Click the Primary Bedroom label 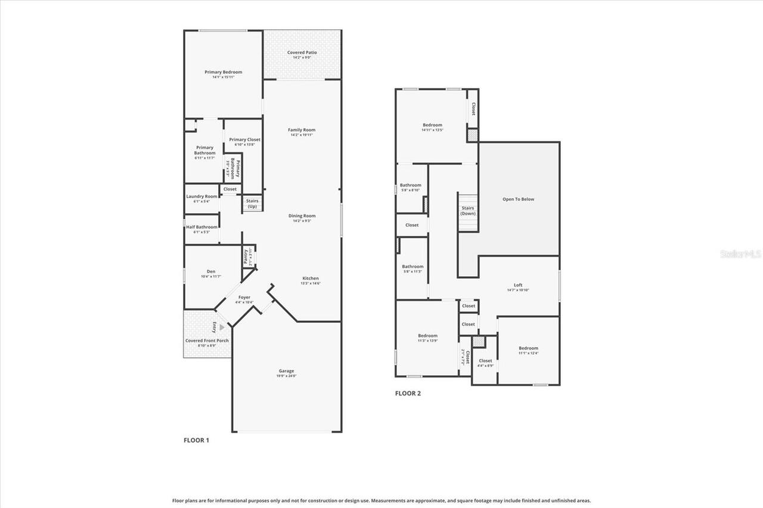pos(224,72)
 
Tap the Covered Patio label pos(302,52)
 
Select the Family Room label pos(302,130)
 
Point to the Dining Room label pos(302,216)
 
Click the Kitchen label pos(311,278)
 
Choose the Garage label pos(286,371)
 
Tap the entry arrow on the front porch pos(222,327)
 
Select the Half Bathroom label pos(201,227)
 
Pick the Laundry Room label pos(201,197)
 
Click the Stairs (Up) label pos(252,204)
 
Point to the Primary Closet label pos(244,139)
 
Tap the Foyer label pos(244,297)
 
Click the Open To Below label pos(519,200)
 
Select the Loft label pos(518,285)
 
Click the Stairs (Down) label pos(468,211)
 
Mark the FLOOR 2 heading pos(408,394)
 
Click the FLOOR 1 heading pos(196,441)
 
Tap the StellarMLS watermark pos(740,254)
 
